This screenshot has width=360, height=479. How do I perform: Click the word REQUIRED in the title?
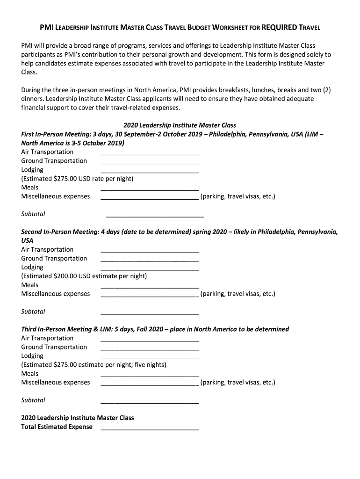pyautogui.click(x=279, y=28)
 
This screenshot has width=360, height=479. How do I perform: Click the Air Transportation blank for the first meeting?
pyautogui.click(x=150, y=152)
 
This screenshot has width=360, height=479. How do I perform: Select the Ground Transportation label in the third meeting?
pyautogui.click(x=54, y=347)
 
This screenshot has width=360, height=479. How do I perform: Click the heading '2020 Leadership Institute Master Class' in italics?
pyautogui.click(x=180, y=125)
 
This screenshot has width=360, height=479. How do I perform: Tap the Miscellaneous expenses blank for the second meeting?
pyautogui.click(x=150, y=294)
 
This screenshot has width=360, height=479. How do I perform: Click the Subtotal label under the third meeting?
pyautogui.click(x=33, y=400)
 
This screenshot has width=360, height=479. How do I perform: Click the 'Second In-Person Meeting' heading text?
pyautogui.click(x=59, y=232)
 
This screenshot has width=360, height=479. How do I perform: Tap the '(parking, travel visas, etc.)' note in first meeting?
pyautogui.click(x=238, y=196)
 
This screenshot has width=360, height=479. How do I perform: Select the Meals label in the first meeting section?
pyautogui.click(x=30, y=188)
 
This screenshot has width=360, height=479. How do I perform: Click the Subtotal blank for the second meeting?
pyautogui.click(x=150, y=312)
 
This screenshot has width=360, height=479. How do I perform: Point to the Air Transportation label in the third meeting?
pyautogui.click(x=47, y=338)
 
